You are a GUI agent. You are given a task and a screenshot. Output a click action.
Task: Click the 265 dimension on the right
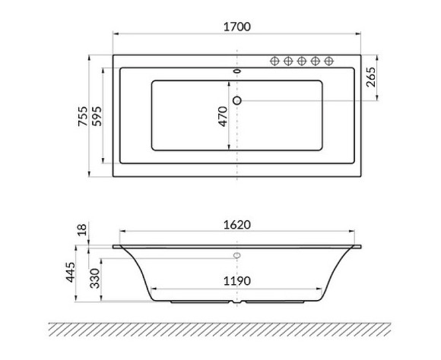click(x=372, y=77)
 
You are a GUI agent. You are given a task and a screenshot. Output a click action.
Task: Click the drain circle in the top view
click(x=237, y=99)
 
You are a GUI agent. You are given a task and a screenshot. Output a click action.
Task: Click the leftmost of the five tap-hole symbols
click(x=275, y=61)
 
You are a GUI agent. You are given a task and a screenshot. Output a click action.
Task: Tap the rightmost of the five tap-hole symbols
click(x=328, y=61)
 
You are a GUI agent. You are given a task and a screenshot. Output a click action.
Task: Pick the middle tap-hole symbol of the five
click(x=302, y=61)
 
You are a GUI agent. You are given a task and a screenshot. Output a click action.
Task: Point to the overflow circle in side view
click(x=237, y=254)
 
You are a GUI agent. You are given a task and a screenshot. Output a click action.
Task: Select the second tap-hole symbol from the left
click(x=289, y=61)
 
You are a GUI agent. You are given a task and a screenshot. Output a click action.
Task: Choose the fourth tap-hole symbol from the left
click(x=316, y=61)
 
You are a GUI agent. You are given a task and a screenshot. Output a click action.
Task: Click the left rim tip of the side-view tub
click(x=115, y=246)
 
